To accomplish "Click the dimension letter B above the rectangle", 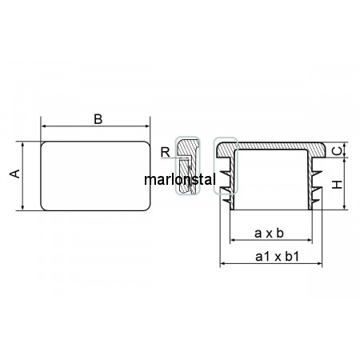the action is point(98,119).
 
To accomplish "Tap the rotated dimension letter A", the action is point(15,174).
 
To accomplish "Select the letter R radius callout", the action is point(166,152).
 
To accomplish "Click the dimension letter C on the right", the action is point(338,151).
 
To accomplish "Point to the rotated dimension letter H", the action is point(338,185).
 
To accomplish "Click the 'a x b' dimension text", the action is point(269,234).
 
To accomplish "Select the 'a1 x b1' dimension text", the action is point(277,257).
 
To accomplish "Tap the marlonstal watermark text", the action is point(180,179).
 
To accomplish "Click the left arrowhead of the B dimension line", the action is point(43,126).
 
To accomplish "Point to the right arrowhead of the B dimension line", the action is point(147,126).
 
